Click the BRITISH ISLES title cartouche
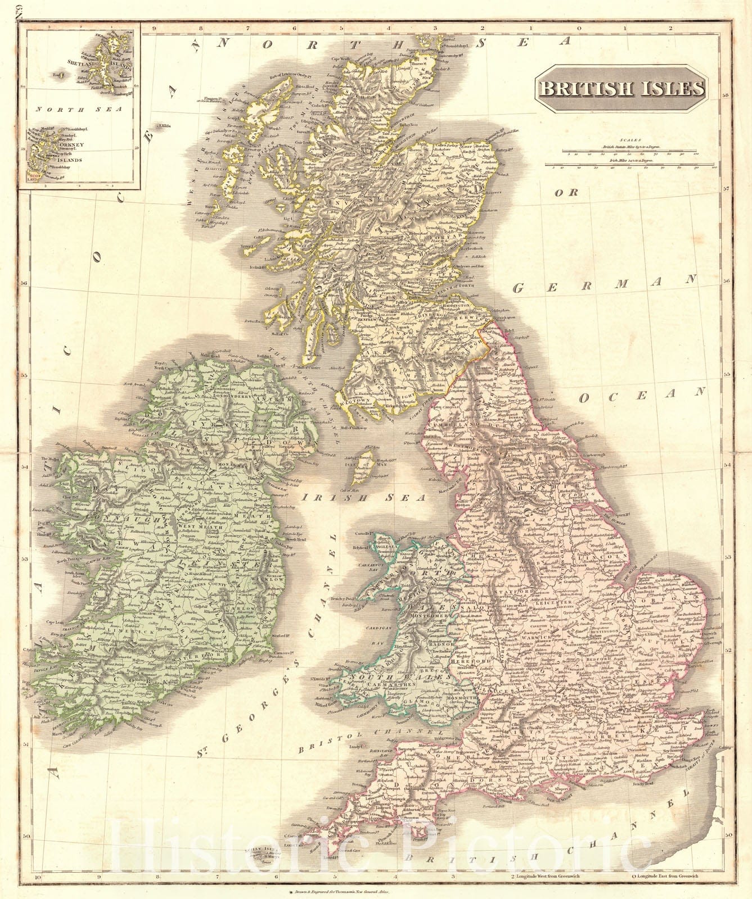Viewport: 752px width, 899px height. click(x=620, y=89)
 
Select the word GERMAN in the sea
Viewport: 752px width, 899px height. click(x=605, y=284)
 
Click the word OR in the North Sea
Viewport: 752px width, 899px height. click(x=566, y=192)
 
